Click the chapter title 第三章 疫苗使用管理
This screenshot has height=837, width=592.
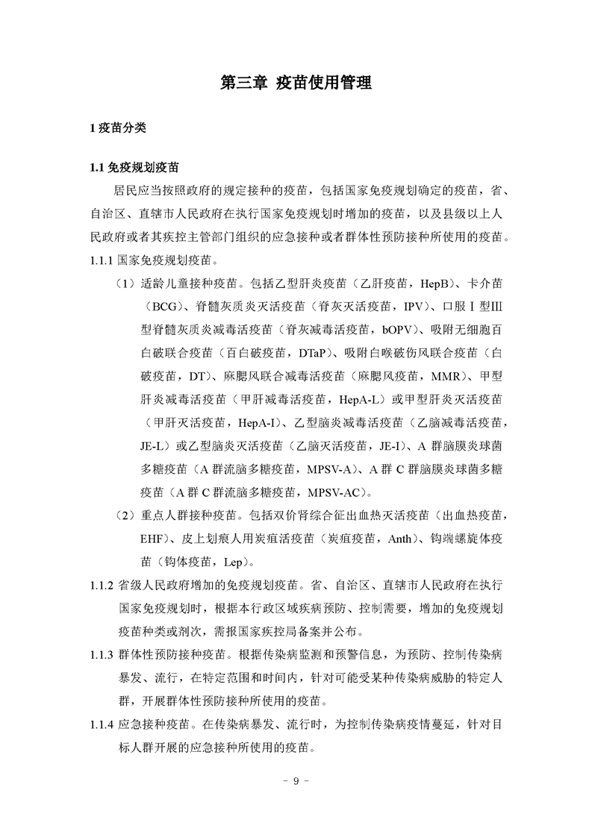(296, 83)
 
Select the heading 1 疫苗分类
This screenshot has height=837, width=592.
(117, 128)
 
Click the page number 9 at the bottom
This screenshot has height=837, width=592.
(296, 781)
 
